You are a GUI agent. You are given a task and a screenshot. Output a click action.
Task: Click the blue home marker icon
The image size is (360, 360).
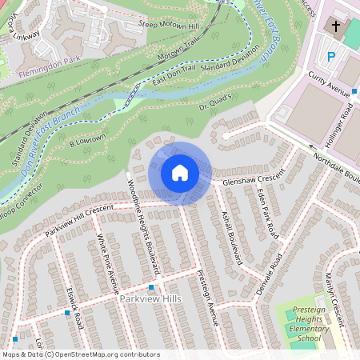(x=180, y=173)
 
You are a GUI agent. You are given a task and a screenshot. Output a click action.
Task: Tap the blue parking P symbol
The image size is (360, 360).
(x=331, y=57)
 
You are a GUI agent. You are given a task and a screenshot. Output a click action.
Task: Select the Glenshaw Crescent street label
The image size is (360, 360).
(x=254, y=181)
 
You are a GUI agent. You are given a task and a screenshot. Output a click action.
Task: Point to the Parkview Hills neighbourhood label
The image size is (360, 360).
(x=150, y=299)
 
